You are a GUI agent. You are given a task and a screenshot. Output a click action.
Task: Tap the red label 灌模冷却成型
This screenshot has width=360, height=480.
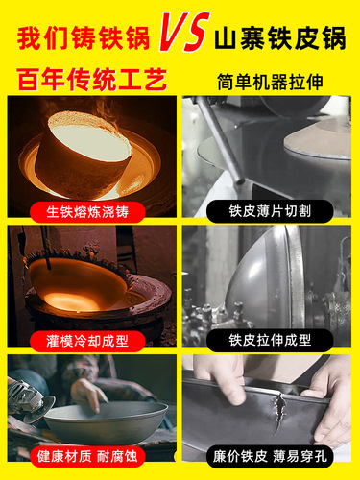89,339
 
